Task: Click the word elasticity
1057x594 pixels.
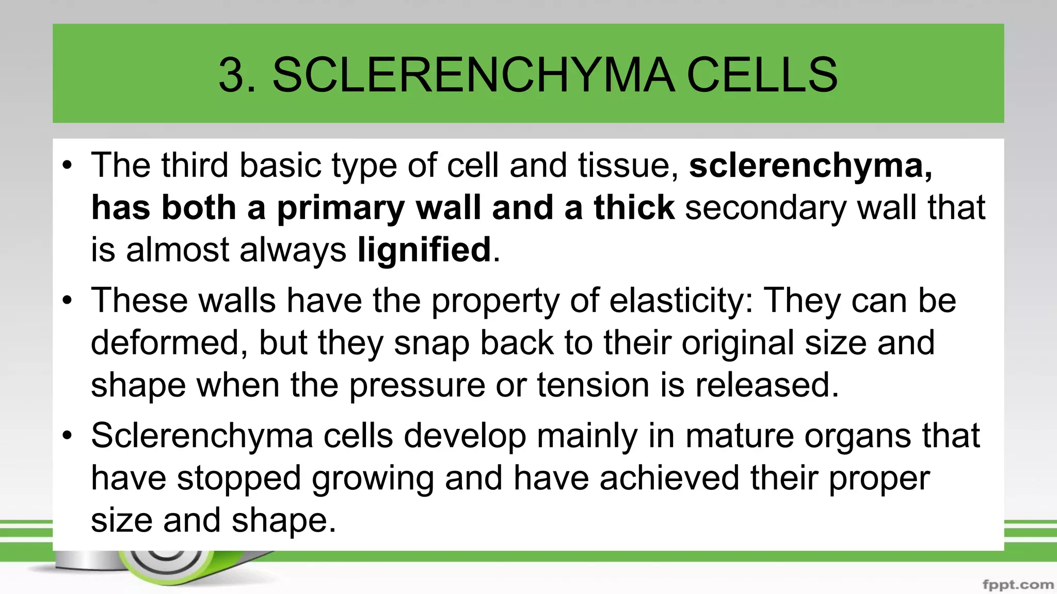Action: pos(681,301)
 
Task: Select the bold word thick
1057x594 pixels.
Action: pos(634,207)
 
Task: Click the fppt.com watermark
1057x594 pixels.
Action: pos(1018,585)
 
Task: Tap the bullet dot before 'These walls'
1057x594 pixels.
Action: pos(67,301)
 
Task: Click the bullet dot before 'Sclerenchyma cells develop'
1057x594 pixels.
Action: pos(67,436)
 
